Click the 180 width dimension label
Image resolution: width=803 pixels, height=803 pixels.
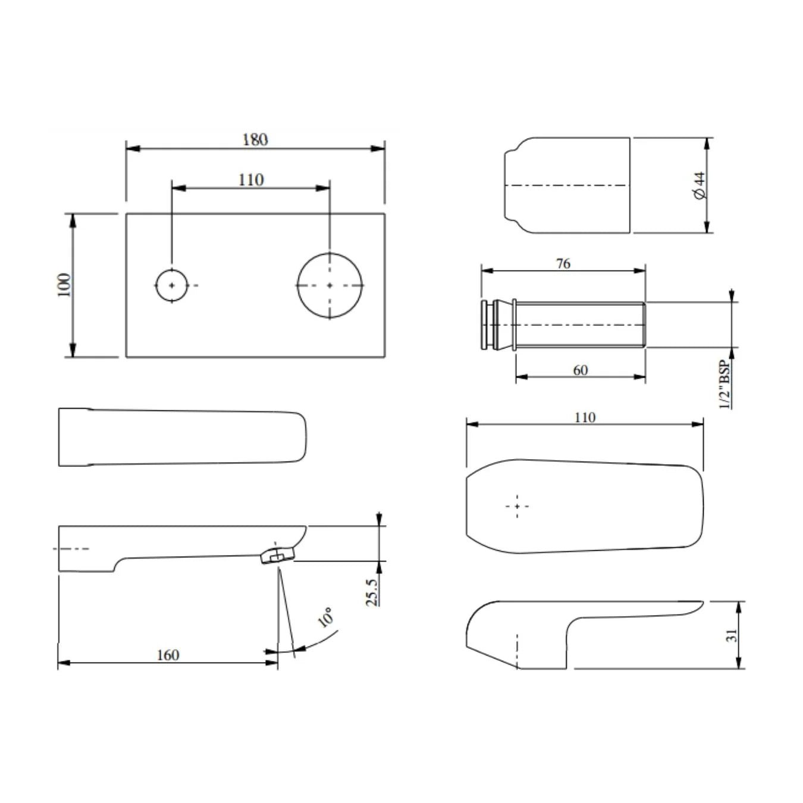click(255, 140)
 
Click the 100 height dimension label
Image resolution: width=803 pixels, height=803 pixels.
click(64, 285)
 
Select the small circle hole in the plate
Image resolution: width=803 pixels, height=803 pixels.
click(172, 286)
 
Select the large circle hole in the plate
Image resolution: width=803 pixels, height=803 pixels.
click(330, 286)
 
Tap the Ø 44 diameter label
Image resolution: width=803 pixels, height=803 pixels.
click(701, 185)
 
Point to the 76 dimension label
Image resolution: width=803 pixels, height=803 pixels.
click(563, 264)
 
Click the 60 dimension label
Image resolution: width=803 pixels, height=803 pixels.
click(581, 370)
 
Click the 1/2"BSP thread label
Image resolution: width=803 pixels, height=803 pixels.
click(726, 384)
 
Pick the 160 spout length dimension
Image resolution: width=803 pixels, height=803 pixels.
click(168, 655)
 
